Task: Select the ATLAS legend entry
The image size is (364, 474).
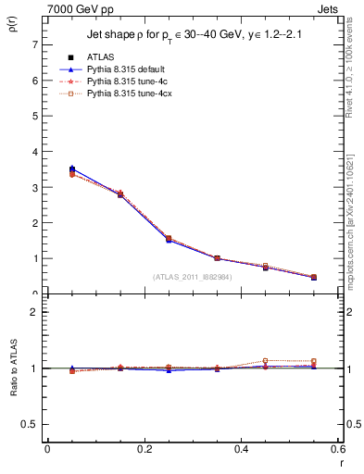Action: (101, 56)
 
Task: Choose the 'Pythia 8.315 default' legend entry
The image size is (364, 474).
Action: (127, 69)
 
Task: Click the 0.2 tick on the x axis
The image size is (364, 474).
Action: (144, 449)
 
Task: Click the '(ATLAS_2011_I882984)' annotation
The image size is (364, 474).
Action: (192, 276)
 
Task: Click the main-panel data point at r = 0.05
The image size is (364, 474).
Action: (72, 169)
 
